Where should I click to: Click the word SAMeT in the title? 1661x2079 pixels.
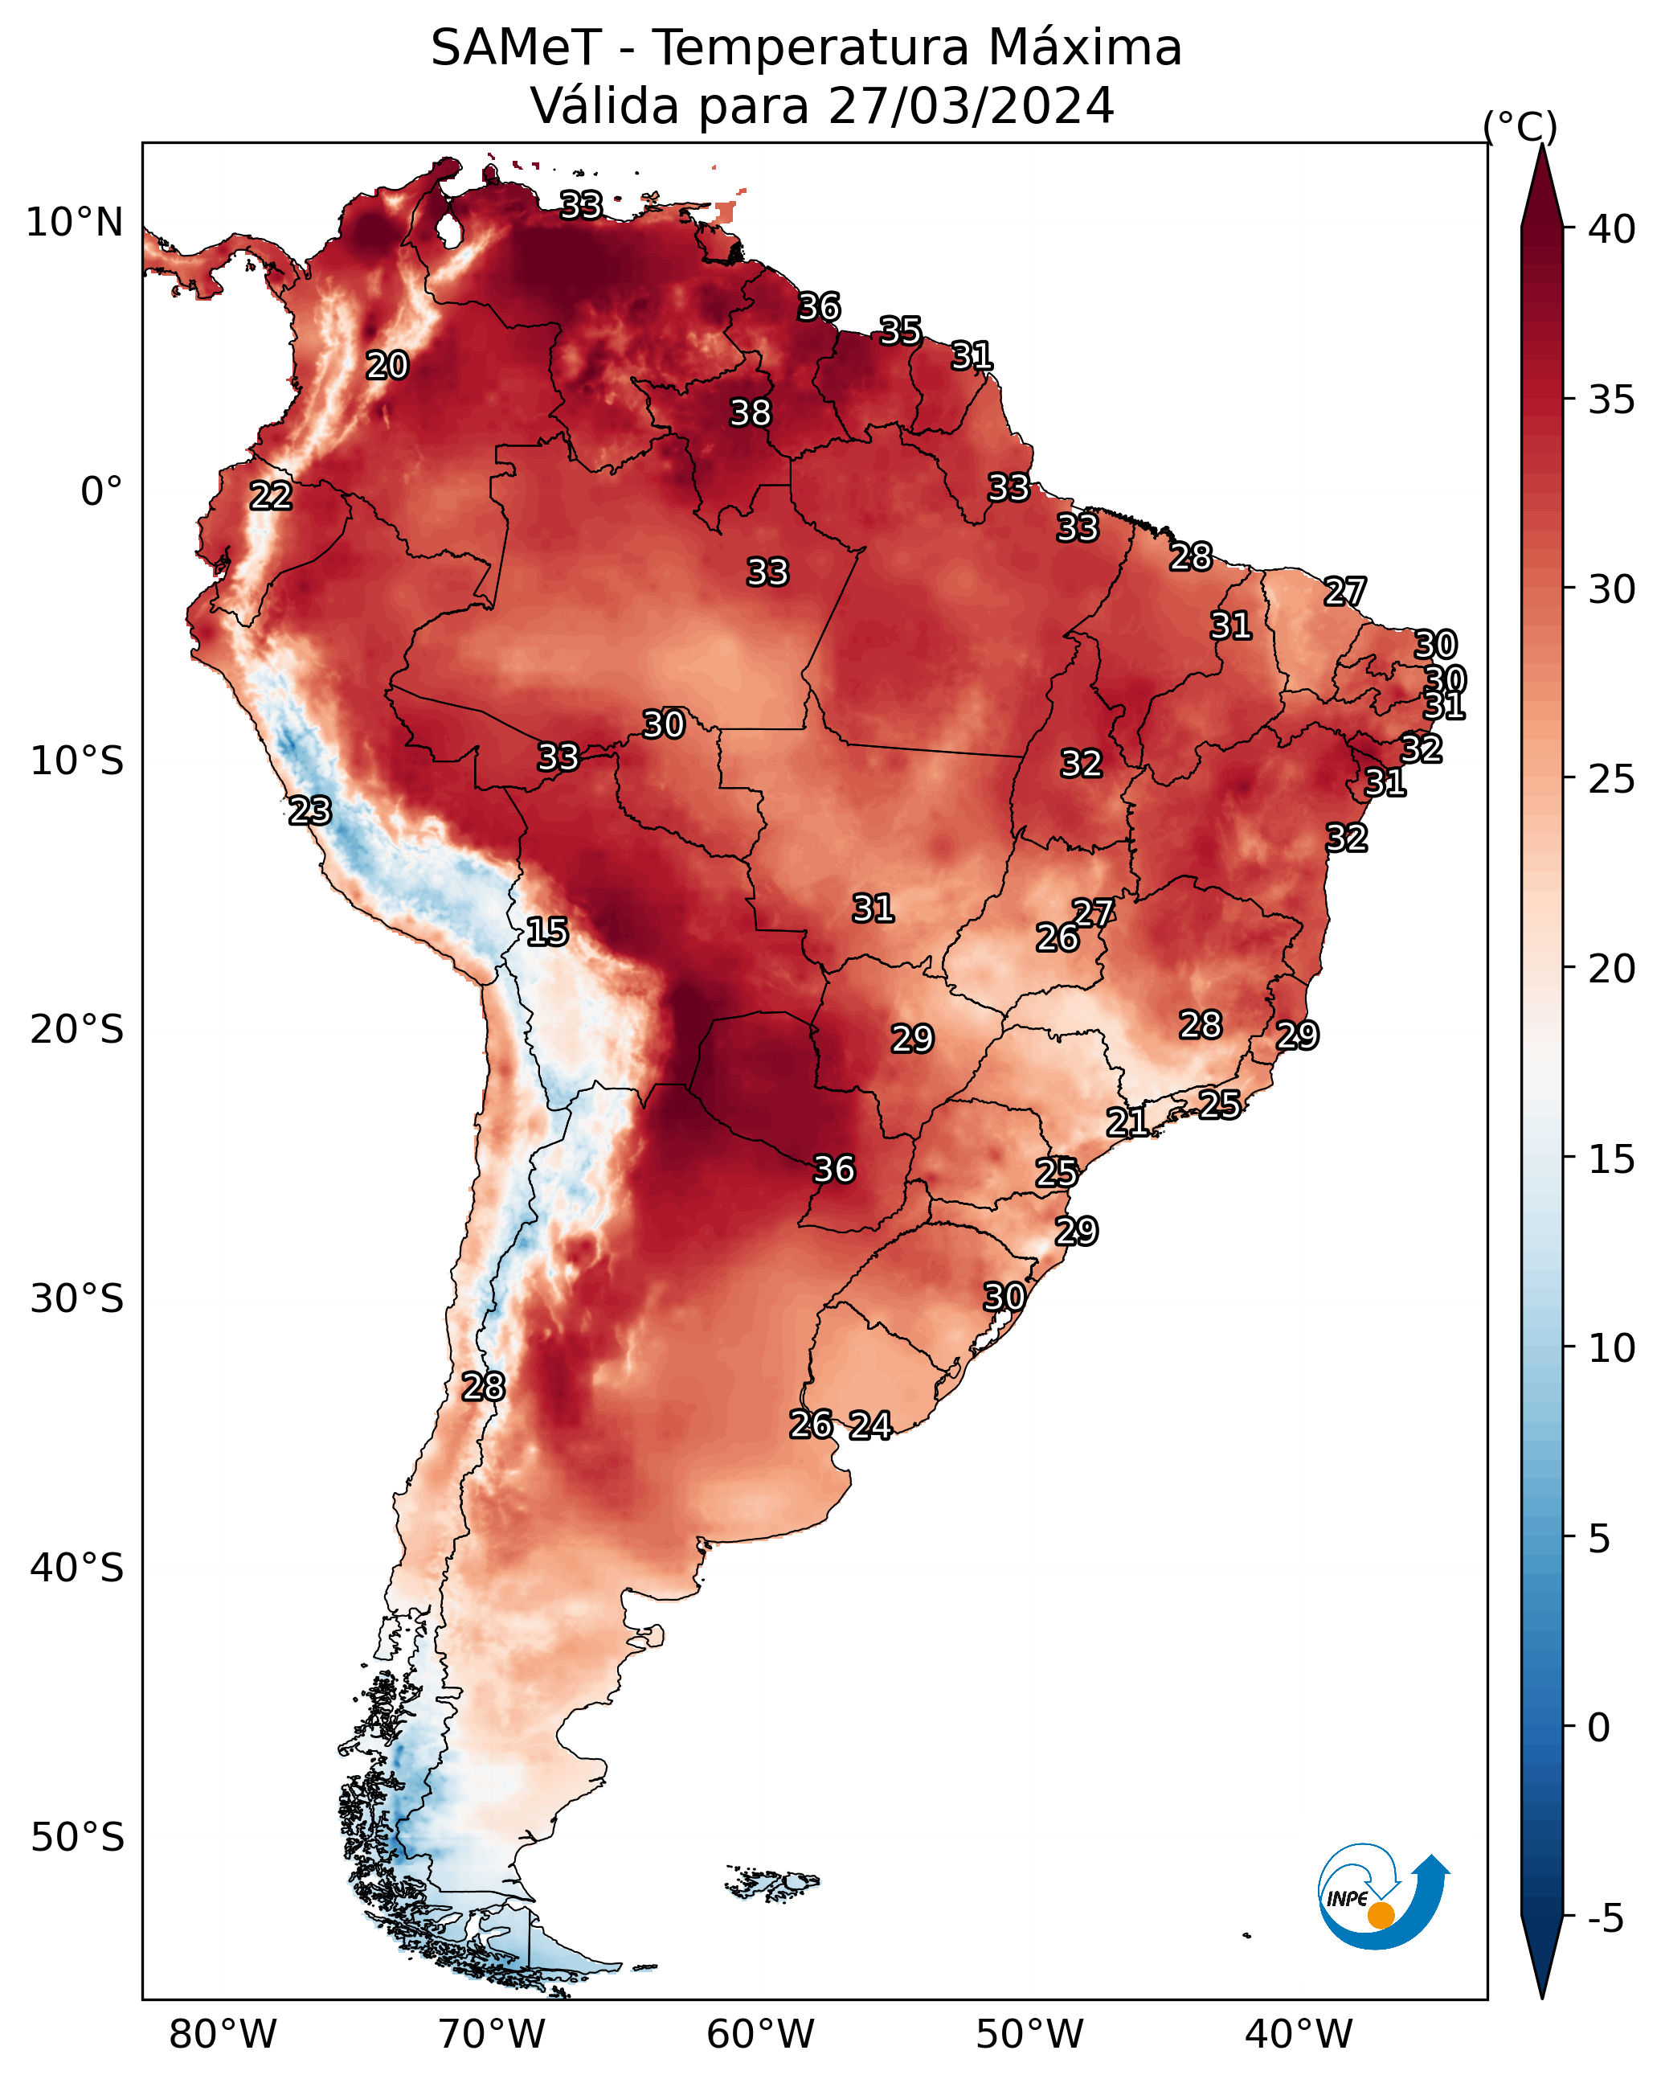click(x=516, y=48)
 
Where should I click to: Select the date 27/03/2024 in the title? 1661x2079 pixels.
click(x=971, y=106)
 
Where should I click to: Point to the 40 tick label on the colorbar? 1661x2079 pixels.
click(x=1612, y=229)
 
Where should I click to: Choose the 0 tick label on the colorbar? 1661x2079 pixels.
click(x=1598, y=1728)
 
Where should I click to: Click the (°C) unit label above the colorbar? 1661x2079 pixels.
click(x=1520, y=126)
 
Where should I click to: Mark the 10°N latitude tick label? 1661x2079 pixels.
click(x=74, y=223)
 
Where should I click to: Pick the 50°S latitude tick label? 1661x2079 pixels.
click(x=77, y=1838)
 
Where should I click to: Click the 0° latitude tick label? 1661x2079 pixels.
click(x=101, y=492)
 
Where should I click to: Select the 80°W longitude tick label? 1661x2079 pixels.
click(x=223, y=2035)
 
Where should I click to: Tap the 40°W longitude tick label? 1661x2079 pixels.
click(x=1299, y=2035)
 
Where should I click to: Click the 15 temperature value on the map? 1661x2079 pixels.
click(x=547, y=932)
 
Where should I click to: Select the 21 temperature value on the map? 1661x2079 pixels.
click(x=1127, y=1122)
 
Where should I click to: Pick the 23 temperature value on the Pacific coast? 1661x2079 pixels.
click(x=310, y=811)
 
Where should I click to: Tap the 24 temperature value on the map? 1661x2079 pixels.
click(x=870, y=1425)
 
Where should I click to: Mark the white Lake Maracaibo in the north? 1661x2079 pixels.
click(x=448, y=229)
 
